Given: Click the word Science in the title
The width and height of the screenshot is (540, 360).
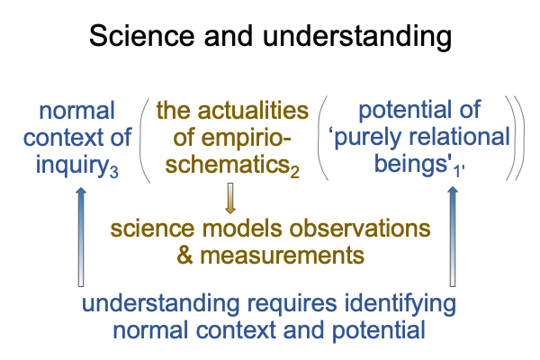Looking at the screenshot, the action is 142,36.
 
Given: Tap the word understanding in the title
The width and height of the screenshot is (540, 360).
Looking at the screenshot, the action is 357,37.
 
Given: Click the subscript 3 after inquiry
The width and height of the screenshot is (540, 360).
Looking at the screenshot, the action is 114,171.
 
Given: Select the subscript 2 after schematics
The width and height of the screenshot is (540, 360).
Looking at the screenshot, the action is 294,172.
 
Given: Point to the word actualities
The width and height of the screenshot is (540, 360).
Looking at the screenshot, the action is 253,111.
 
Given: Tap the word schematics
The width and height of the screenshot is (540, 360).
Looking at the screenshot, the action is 227,165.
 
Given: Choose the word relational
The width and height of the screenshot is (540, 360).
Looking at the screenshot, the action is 459,137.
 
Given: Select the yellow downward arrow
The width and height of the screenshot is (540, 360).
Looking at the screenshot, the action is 230,198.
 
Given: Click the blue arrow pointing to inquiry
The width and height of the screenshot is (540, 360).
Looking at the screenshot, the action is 81,237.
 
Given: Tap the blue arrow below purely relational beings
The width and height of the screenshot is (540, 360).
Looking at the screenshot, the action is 453,237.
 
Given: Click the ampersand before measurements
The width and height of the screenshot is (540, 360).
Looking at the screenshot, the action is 184,256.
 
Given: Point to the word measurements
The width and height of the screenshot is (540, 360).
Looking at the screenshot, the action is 282,256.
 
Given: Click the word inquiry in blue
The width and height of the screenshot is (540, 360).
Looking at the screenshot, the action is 73,166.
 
